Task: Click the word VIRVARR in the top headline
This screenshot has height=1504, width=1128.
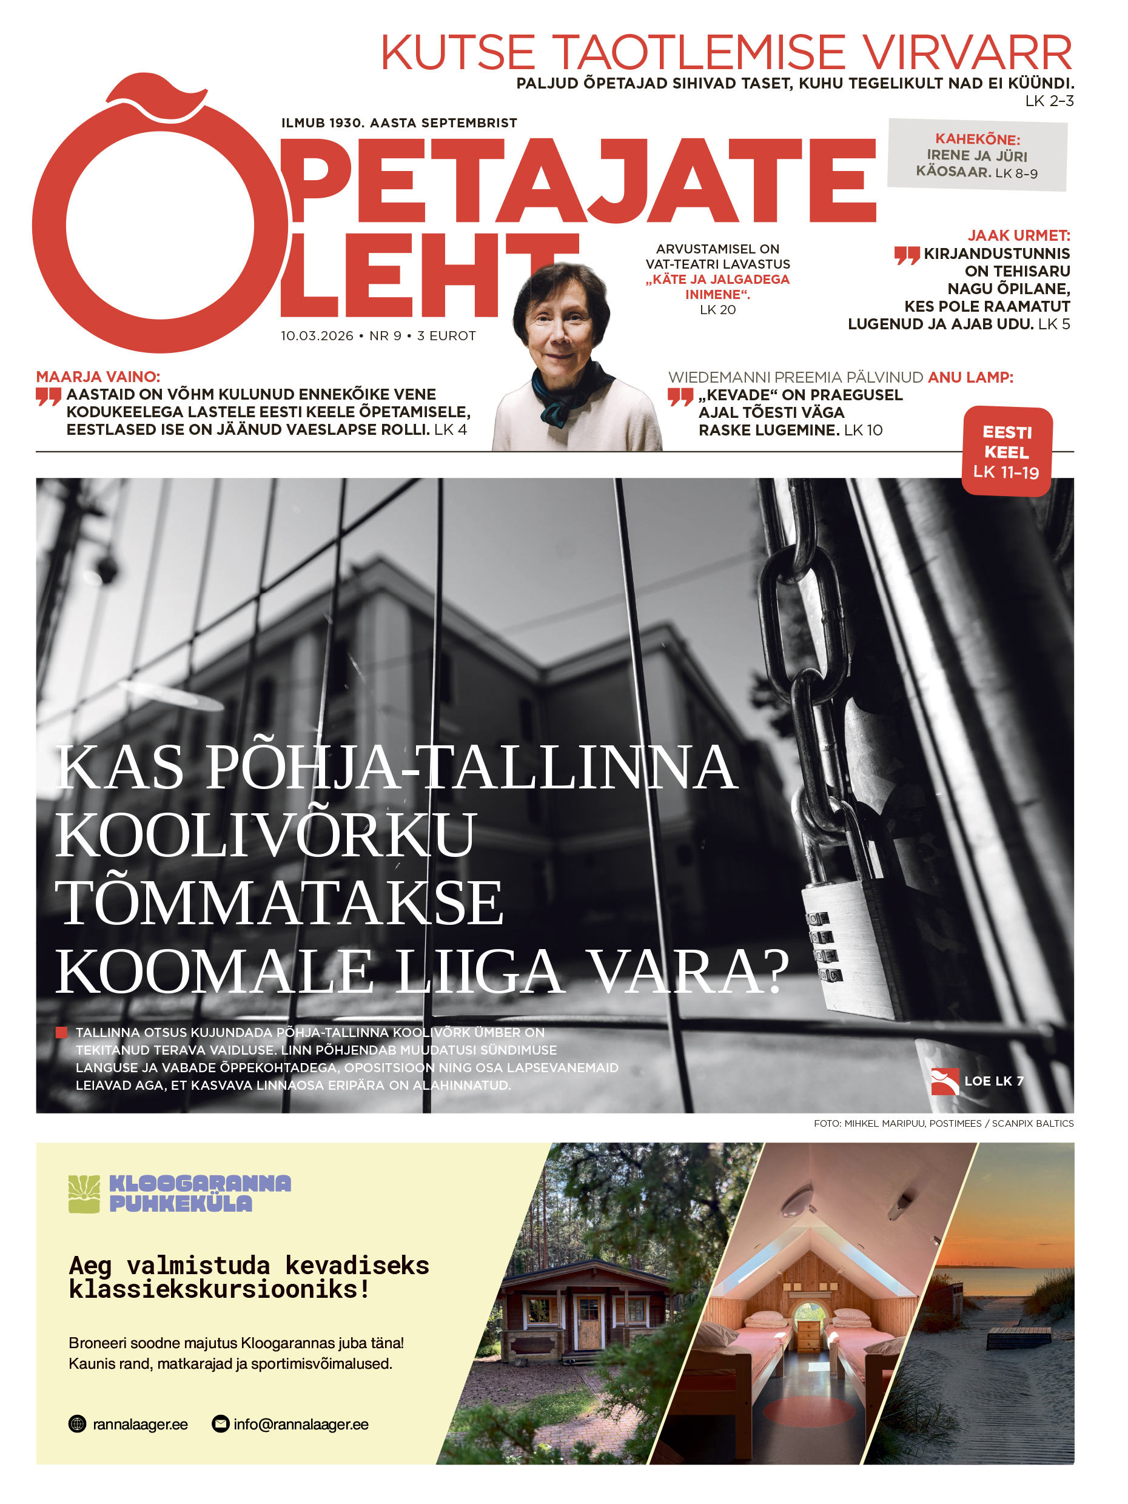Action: tap(966, 53)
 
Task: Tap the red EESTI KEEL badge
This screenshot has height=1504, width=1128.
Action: tap(1006, 451)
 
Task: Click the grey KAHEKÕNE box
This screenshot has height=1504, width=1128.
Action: tap(977, 156)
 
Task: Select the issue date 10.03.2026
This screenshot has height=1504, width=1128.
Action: tap(317, 336)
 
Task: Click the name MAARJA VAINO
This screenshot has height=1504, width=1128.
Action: tap(98, 377)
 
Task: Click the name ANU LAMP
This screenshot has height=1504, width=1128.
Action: tap(970, 377)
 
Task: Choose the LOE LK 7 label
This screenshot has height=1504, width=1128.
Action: tap(993, 1081)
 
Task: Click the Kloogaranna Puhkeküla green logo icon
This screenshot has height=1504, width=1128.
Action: tap(84, 1194)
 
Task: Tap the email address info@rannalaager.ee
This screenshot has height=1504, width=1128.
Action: tap(301, 1425)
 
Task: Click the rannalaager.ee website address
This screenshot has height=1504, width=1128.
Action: tap(140, 1425)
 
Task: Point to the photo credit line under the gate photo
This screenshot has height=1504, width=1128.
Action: tap(943, 1123)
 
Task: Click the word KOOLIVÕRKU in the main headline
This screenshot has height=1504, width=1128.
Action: tap(265, 835)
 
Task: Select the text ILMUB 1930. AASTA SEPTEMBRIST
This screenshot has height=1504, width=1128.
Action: tap(399, 123)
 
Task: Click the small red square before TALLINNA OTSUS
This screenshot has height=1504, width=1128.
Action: tap(61, 1032)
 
